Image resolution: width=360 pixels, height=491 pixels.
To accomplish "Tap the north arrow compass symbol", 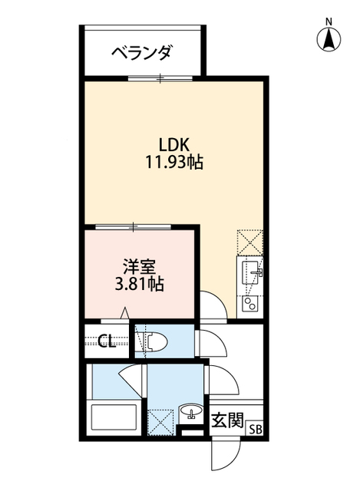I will pos(329,36).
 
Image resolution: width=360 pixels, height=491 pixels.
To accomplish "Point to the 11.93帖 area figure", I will pos(173,163).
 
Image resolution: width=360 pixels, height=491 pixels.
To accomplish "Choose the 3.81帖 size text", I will pos(139,283).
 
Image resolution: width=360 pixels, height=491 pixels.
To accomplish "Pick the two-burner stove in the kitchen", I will pos(250,302).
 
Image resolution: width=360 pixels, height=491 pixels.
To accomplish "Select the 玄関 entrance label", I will pos(227,420).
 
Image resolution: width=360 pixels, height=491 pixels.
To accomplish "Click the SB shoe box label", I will pos(254,430).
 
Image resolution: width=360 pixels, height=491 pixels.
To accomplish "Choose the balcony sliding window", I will pos(161,77).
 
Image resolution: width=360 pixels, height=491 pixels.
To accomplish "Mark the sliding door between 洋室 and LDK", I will pos(134,226).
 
